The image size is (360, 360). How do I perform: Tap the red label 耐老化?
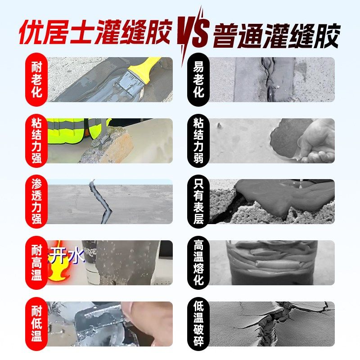click(x=36, y=79)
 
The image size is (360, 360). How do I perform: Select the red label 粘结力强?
click(x=36, y=140)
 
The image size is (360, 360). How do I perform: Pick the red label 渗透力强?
click(x=36, y=202)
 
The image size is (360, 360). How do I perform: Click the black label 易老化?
click(x=198, y=79)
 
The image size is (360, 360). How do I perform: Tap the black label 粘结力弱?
click(x=198, y=140)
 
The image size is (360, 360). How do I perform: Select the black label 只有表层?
click(x=198, y=202)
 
